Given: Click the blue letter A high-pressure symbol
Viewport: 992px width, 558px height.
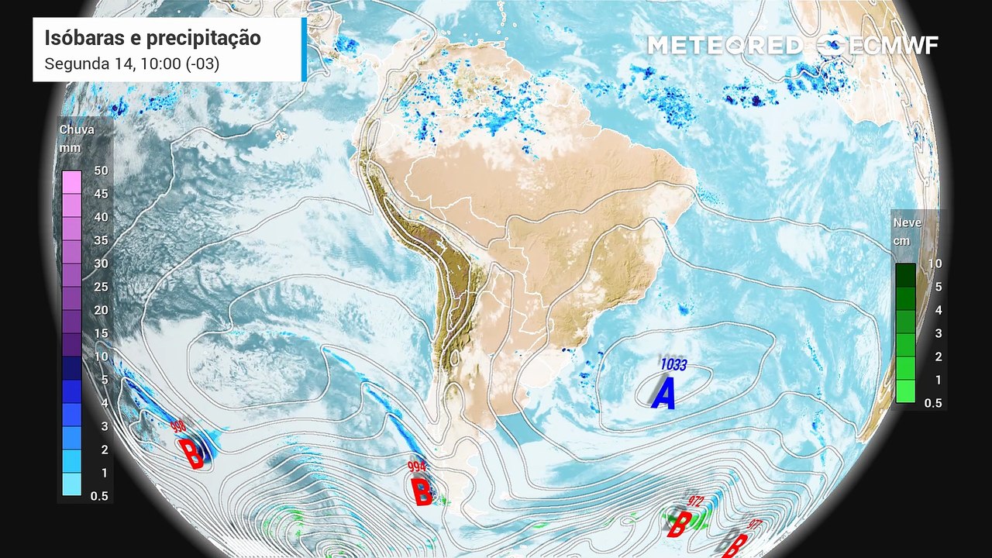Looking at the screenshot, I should coord(663,394).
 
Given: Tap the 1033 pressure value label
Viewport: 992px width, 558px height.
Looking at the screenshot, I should coord(673,363).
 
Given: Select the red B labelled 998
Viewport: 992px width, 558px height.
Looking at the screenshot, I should coord(191,453).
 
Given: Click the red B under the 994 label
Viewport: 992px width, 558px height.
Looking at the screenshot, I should coord(422,491).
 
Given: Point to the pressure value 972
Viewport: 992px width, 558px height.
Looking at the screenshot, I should coord(694,502).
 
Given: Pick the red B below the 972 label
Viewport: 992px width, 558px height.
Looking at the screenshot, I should coord(677,525).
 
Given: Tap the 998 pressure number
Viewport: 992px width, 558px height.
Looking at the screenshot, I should coord(179,427).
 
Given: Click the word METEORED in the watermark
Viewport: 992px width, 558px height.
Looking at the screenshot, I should coord(725,46).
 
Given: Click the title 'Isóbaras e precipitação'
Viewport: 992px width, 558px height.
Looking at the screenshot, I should coord(152,38).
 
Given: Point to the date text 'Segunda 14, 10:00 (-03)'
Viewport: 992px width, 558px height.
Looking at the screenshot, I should coord(132,64).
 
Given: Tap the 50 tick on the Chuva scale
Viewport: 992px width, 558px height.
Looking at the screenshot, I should coord(101,170).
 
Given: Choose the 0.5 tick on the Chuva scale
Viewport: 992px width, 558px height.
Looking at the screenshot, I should coord(99,496).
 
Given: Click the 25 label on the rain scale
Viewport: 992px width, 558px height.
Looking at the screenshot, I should coord(101,287).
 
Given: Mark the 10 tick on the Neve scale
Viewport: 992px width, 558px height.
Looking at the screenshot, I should coord(935,263).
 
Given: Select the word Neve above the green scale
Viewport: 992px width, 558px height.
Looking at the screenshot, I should coord(908,222).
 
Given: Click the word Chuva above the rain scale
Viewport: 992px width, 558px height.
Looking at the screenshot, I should coord(77,129).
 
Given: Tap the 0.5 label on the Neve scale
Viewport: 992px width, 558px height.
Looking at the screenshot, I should coord(933,403).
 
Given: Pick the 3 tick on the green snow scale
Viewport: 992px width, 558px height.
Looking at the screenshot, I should coord(938,333).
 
